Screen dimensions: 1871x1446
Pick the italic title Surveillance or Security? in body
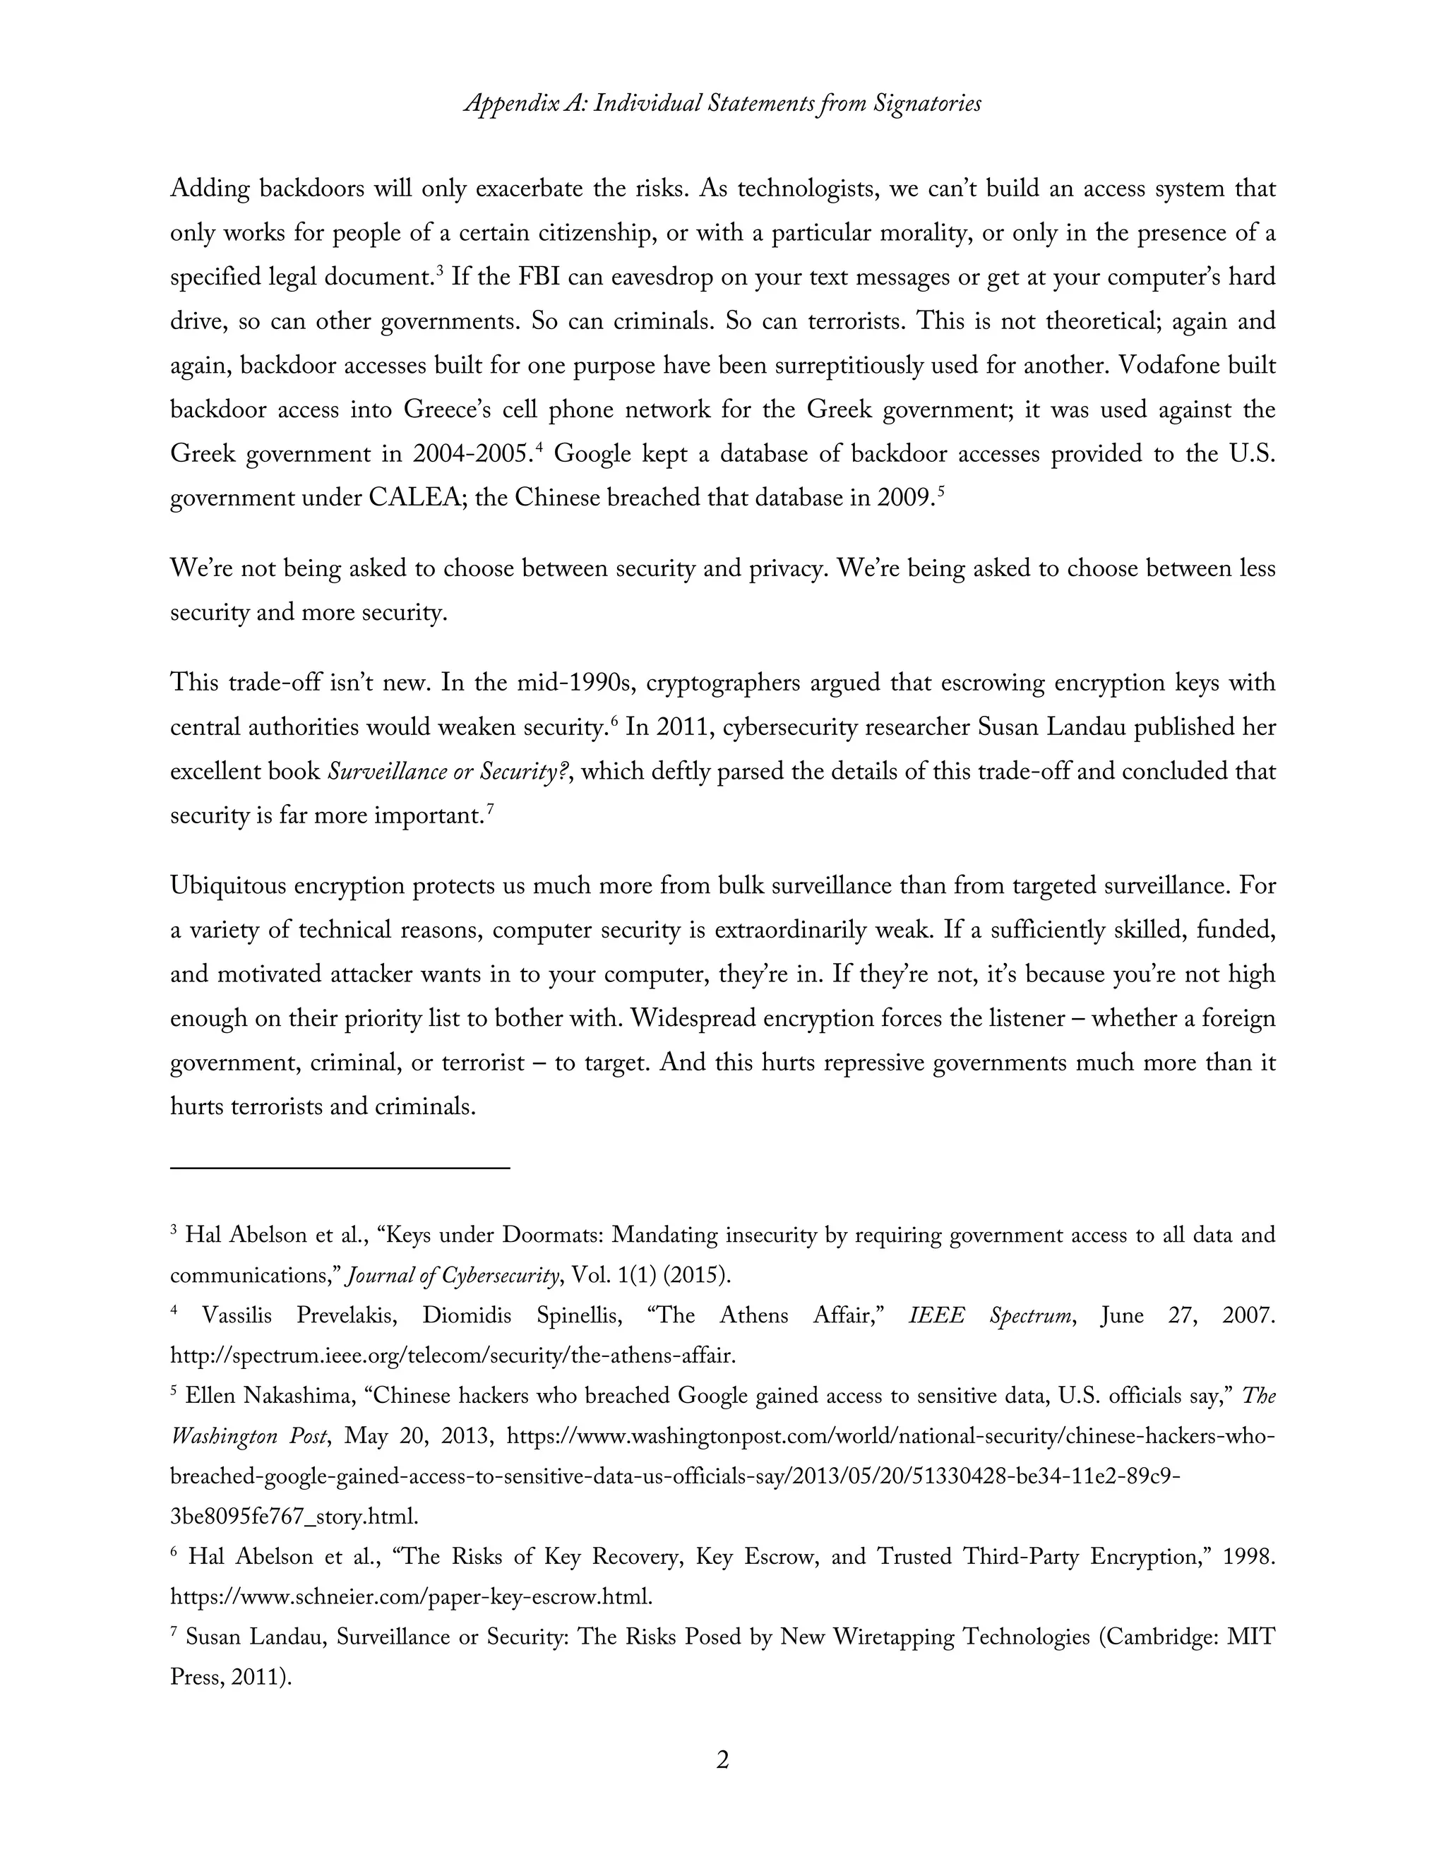point(449,772)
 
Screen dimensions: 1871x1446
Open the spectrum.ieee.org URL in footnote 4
point(453,1356)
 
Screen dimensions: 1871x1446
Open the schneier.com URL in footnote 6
point(411,1597)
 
